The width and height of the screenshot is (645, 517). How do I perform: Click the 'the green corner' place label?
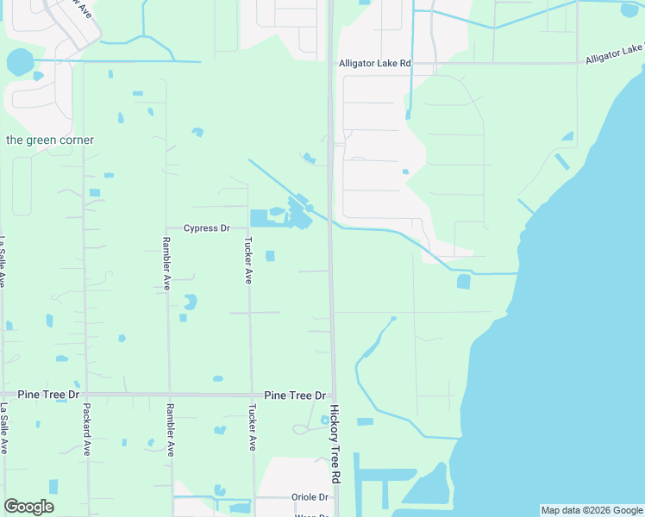(50, 140)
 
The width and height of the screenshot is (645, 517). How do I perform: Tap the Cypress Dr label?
(207, 228)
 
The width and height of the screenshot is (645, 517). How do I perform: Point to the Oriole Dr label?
(311, 497)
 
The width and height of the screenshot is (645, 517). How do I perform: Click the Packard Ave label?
(87, 430)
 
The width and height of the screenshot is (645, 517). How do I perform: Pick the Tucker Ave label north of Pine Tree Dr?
(248, 260)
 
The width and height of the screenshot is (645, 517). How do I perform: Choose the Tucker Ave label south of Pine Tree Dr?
(253, 427)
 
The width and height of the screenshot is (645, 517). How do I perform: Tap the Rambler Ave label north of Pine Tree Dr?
(166, 264)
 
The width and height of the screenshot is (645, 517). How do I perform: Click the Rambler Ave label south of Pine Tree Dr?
(170, 430)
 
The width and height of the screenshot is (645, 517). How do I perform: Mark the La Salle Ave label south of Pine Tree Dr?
(4, 429)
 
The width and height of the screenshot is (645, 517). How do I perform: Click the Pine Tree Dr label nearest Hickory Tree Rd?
(295, 395)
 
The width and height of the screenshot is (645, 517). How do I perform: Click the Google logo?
(28, 507)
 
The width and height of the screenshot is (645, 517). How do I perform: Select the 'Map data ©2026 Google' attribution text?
(592, 510)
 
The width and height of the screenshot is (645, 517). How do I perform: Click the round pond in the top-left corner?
(19, 62)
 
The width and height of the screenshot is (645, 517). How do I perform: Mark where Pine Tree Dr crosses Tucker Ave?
(251, 395)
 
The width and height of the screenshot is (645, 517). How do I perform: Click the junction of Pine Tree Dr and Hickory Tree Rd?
(332, 395)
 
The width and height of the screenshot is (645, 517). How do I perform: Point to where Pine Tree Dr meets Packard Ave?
(85, 395)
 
